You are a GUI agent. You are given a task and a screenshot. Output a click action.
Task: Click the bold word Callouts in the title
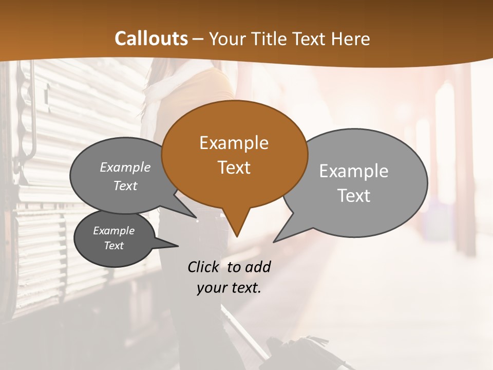151,39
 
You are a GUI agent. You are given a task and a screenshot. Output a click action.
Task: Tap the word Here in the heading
351,39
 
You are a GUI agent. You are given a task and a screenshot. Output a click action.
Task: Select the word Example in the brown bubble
234,143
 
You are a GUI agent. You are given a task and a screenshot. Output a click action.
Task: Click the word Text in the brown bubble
234,167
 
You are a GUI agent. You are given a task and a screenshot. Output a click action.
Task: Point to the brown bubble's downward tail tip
237,236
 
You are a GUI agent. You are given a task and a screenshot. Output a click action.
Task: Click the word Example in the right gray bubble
354,171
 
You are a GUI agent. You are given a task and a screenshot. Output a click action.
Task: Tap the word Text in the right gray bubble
354,195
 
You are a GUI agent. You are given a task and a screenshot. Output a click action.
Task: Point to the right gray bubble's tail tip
274,242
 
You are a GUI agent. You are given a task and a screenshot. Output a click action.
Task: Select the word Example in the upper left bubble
125,167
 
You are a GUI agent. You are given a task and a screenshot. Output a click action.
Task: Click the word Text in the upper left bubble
125,186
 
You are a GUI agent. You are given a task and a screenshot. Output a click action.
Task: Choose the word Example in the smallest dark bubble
113,231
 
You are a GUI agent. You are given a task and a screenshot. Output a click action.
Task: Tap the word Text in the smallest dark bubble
113,246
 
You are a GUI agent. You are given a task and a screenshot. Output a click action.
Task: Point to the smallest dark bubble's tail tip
178,246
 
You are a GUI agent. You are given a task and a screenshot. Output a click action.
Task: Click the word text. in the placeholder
244,288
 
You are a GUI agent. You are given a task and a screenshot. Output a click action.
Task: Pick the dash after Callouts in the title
199,39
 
